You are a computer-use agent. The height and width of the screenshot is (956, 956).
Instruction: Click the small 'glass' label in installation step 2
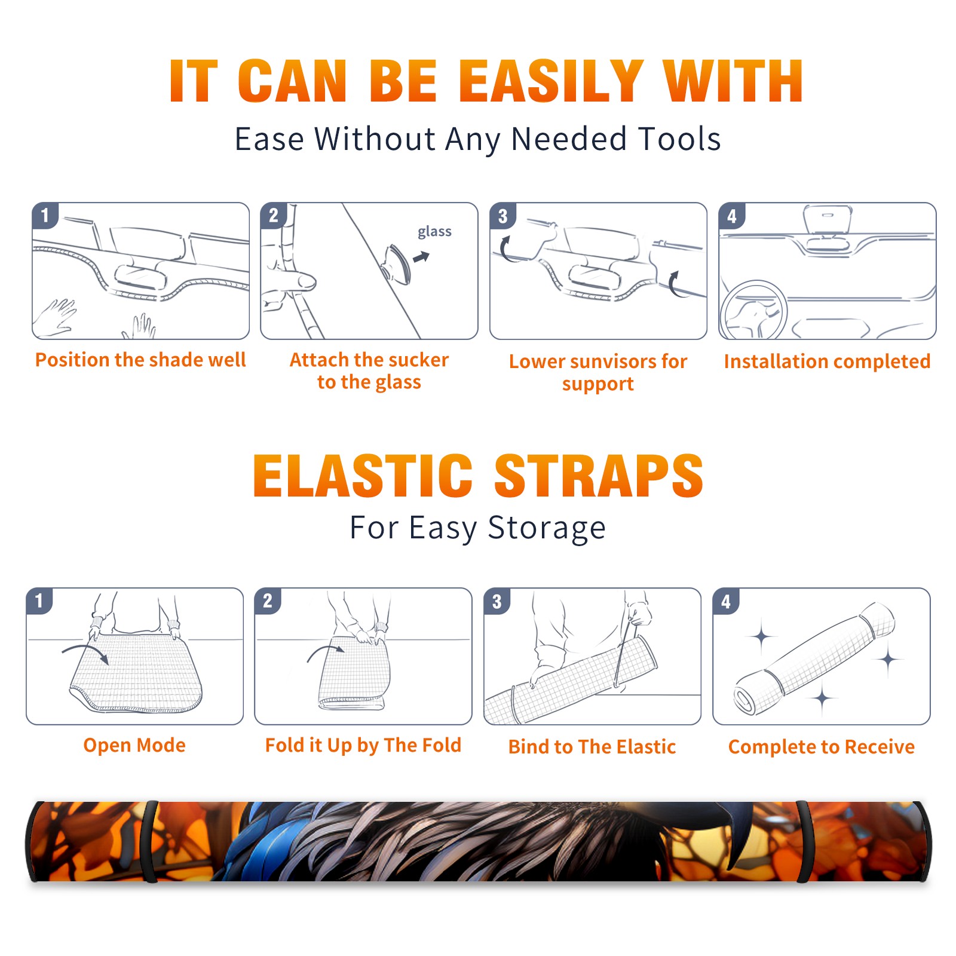coord(434,232)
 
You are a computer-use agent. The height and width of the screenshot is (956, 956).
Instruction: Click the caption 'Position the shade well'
coord(140,360)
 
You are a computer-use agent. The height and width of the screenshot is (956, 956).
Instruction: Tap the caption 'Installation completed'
coord(827,361)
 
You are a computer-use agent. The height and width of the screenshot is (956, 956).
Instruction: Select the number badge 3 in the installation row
coord(502,216)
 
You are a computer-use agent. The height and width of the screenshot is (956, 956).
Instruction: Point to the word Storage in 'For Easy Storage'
coord(547,528)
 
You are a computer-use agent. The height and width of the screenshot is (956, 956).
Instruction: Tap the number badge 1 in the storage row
coord(39,600)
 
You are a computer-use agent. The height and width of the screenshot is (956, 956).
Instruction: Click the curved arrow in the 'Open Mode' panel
coord(85,651)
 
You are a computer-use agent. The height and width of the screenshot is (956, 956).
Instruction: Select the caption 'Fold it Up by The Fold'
coord(363,745)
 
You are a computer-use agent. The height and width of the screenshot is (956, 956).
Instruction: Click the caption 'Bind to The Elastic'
coord(592,747)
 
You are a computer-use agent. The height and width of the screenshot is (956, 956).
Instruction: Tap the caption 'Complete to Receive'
coord(822,747)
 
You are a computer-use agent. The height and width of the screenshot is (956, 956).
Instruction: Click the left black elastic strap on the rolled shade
coord(149,841)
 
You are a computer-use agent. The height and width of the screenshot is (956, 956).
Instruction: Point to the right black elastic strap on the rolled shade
coord(804,841)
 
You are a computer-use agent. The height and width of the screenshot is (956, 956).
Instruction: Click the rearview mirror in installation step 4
coord(828,219)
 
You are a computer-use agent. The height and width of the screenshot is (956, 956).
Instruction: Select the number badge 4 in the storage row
coord(726,601)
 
